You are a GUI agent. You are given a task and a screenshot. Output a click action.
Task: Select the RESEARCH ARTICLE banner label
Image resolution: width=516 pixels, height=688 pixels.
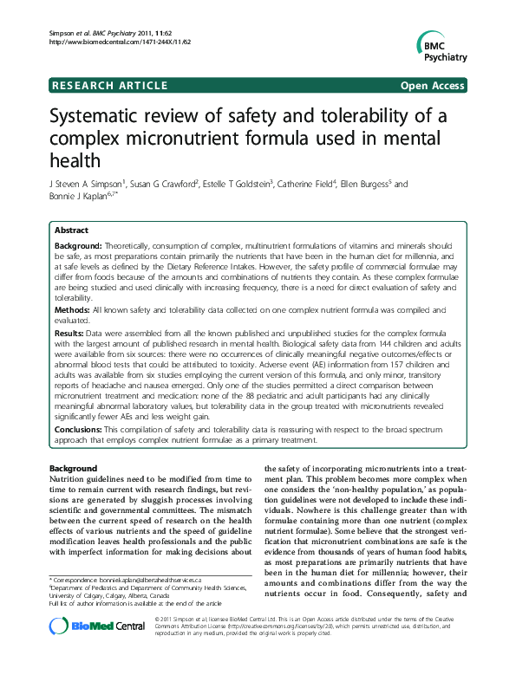(x=110, y=85)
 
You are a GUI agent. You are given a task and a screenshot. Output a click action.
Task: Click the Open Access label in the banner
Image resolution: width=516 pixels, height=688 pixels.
(x=432, y=85)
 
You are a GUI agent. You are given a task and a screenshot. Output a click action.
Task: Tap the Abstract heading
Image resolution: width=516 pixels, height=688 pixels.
(x=71, y=231)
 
